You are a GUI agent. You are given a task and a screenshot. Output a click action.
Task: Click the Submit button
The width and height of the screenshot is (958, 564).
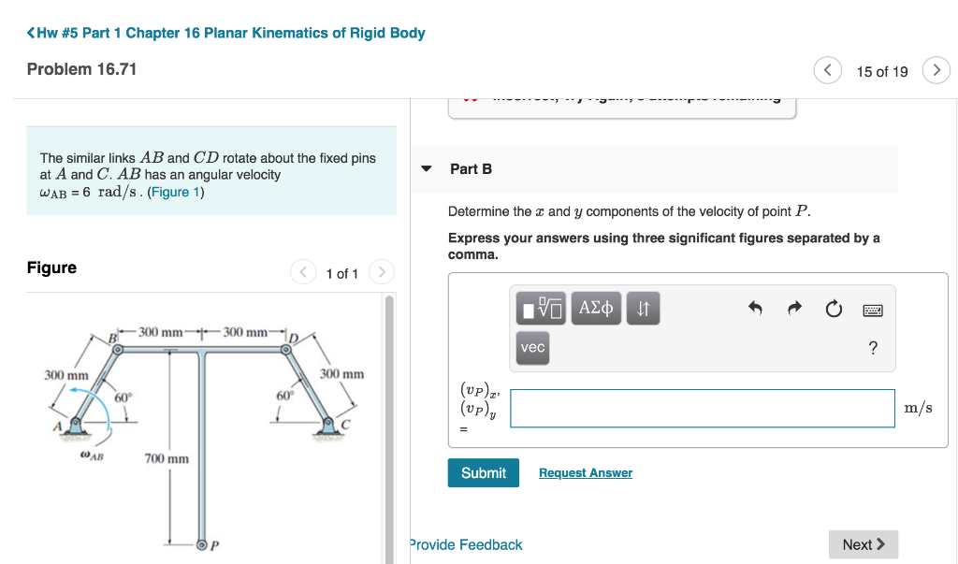tap(483, 473)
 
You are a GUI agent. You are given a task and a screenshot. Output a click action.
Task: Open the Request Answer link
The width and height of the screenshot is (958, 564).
tap(585, 473)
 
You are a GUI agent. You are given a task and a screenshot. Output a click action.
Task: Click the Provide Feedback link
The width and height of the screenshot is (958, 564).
tap(466, 544)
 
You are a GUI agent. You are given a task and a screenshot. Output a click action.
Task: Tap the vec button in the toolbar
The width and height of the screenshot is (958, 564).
tap(532, 348)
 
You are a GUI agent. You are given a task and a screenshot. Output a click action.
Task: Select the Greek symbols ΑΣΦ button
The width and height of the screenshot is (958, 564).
tap(596, 308)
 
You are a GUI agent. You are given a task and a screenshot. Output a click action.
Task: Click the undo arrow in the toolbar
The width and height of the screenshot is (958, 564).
tap(756, 309)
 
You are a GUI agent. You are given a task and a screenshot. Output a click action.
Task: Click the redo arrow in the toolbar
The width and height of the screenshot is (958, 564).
tap(794, 309)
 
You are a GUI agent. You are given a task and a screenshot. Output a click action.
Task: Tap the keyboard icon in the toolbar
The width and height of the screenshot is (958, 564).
tap(872, 309)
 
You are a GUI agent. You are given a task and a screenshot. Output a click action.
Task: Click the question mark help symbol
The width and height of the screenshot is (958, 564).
tap(873, 349)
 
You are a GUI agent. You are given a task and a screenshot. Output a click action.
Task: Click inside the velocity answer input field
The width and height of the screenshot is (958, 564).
tap(702, 409)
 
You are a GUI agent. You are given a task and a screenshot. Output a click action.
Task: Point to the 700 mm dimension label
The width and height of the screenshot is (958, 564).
tap(167, 458)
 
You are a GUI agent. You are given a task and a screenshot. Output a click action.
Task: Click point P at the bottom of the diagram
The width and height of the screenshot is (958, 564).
tap(201, 543)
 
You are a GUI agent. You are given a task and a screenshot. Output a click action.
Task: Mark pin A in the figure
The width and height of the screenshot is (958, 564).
tap(75, 425)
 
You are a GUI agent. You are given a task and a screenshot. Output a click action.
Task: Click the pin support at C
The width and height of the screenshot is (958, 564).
tap(329, 425)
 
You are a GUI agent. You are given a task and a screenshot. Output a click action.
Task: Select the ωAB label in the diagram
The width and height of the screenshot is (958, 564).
tap(92, 457)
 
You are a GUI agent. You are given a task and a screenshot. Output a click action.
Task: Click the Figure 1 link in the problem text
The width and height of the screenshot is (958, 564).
tap(176, 192)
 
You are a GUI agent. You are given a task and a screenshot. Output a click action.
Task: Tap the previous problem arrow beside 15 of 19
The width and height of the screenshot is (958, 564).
tap(827, 71)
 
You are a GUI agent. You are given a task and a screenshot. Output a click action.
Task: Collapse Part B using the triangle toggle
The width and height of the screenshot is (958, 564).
tap(427, 169)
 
